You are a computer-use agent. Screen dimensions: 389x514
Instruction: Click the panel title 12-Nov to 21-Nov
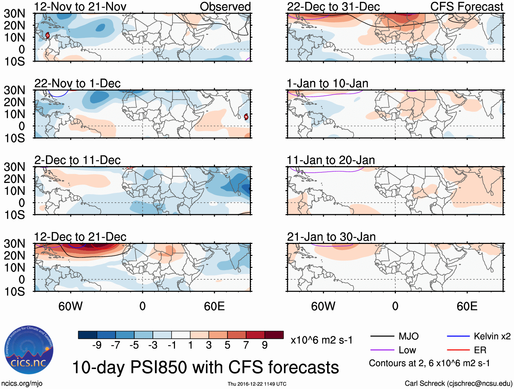80,7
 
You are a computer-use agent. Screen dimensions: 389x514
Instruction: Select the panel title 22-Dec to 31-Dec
333,7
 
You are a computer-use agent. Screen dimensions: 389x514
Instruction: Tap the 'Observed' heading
225,7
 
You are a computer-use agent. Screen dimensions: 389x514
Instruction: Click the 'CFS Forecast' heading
466,7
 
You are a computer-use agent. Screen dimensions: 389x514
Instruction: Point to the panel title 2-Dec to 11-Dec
78,160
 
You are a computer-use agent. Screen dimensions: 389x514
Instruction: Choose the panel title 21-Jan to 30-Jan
331,237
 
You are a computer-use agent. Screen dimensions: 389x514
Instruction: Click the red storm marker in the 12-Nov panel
48,35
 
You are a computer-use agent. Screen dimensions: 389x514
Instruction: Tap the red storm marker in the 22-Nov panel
246,117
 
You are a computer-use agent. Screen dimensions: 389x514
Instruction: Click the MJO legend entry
408,337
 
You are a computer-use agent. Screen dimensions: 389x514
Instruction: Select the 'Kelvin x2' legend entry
492,337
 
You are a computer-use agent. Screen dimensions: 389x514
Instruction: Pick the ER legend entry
480,350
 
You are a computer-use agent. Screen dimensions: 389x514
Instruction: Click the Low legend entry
407,350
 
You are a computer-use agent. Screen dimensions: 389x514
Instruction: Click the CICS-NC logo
29,350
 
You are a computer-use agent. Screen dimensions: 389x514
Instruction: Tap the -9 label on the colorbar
97,345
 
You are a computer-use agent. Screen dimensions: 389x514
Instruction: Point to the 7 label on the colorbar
246,345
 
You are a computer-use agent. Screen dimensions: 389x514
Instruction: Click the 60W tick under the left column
70,306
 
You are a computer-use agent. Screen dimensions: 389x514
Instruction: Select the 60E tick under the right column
467,306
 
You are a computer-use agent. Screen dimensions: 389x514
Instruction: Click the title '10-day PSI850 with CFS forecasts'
205,368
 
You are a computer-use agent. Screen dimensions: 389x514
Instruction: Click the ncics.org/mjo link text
21,384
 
